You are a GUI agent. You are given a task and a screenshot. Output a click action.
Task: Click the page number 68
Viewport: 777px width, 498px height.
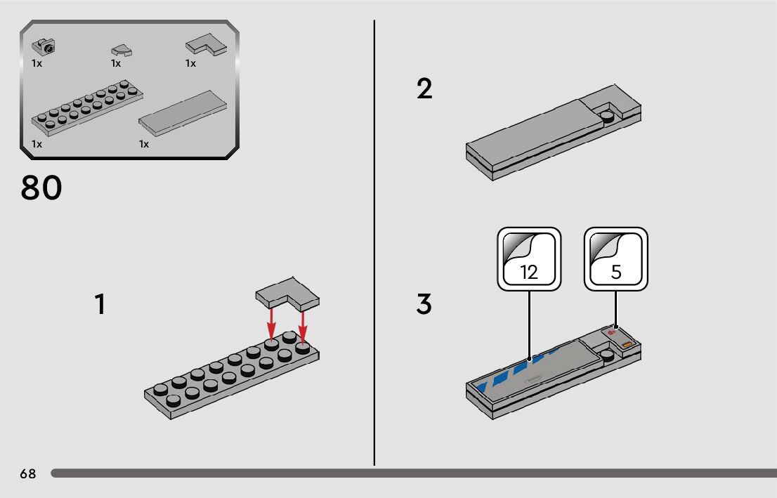pyautogui.click(x=28, y=474)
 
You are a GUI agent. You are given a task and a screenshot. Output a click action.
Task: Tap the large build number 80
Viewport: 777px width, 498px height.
pyautogui.click(x=41, y=188)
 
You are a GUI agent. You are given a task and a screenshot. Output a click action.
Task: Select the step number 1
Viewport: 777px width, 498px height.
pyautogui.click(x=100, y=305)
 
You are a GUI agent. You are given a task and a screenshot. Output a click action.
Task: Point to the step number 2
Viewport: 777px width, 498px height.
pyautogui.click(x=424, y=89)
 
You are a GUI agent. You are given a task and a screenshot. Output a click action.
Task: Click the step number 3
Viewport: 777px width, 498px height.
pyautogui.click(x=424, y=305)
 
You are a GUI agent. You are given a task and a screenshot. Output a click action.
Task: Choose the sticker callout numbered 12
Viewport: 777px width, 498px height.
pyautogui.click(x=529, y=258)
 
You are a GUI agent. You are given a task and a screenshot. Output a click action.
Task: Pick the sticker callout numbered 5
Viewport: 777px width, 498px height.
pyautogui.click(x=616, y=258)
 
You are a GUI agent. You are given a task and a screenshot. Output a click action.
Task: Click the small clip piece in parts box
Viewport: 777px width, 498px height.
pyautogui.click(x=45, y=47)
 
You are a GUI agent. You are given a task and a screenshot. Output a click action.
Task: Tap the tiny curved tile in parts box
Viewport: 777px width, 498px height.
pyautogui.click(x=121, y=50)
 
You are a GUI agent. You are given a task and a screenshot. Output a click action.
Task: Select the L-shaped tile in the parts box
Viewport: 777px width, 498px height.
pyautogui.click(x=207, y=46)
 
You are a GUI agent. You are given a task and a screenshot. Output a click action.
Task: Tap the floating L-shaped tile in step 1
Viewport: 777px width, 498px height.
pyautogui.click(x=288, y=292)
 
